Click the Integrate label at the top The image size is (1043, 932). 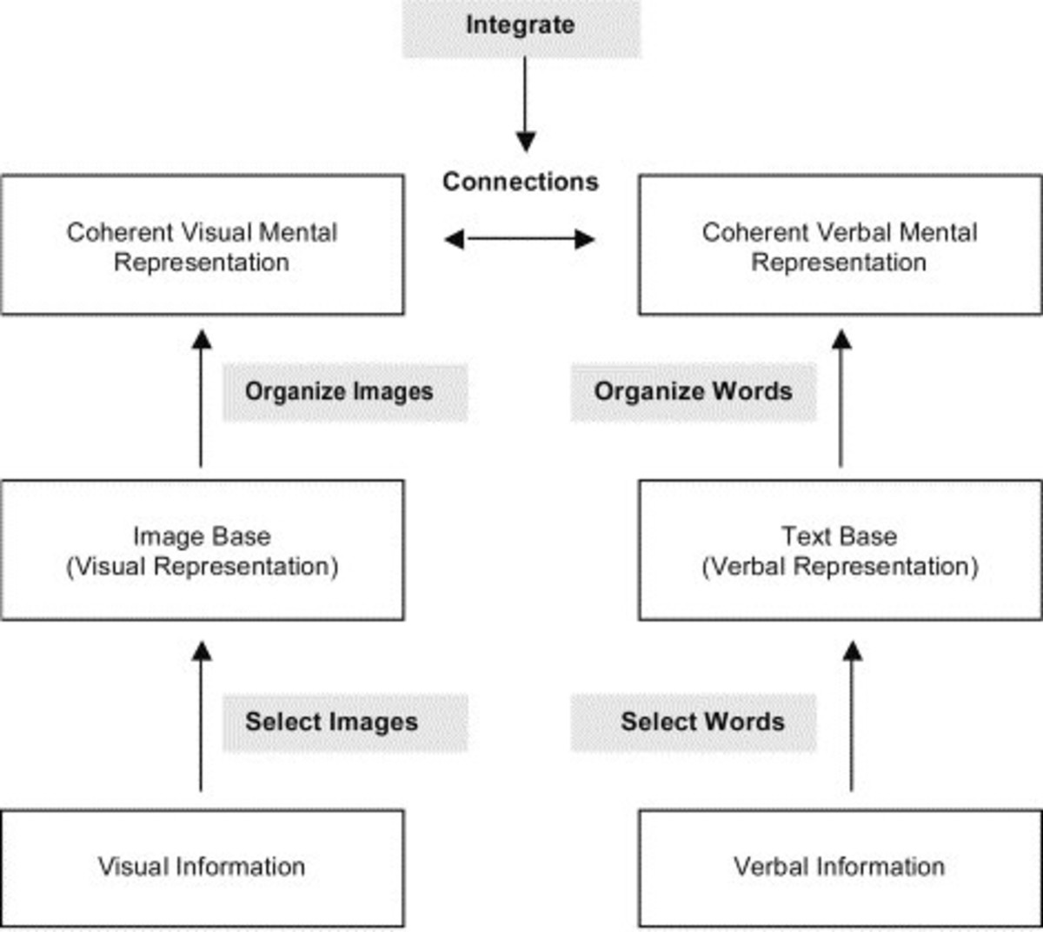coord(521,25)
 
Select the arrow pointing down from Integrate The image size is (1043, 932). coord(525,104)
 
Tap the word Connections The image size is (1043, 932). coord(520,182)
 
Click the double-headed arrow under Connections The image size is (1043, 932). coord(520,239)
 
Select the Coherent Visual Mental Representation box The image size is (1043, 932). coord(202,246)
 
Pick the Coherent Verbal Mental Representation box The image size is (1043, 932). coord(840,246)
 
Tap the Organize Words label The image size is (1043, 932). coord(693,391)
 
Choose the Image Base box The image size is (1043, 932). coord(202,550)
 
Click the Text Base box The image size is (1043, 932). coord(840,550)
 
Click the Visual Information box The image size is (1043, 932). coord(202,867)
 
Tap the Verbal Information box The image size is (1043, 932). coord(840,867)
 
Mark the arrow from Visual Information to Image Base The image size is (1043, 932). coord(202,716)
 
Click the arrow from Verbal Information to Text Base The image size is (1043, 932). coord(853,716)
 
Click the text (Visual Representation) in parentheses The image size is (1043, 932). coord(202,567)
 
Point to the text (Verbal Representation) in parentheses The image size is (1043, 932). coord(840,567)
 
